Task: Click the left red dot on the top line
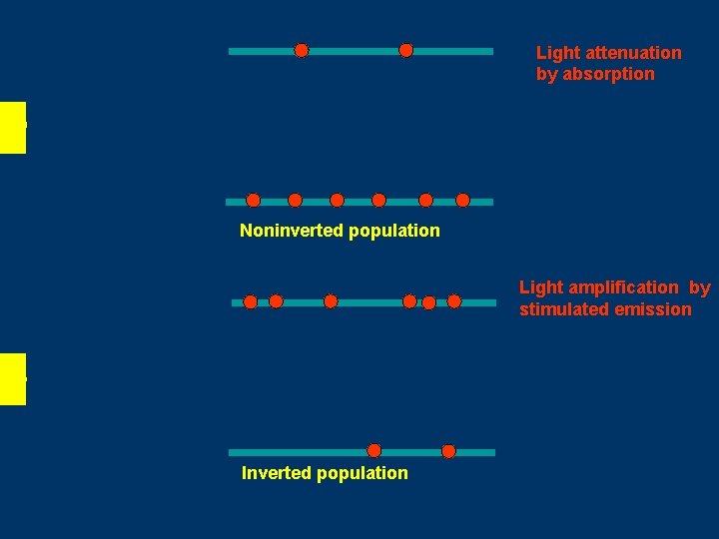click(302, 50)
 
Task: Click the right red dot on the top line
click(405, 50)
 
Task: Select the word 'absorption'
click(608, 74)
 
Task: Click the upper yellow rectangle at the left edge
click(12, 127)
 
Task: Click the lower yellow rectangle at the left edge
click(12, 378)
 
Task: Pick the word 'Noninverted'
click(290, 231)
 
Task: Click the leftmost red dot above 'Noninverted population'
click(254, 200)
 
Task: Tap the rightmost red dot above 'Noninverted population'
click(462, 200)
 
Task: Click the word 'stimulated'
click(560, 309)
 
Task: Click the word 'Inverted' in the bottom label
click(274, 473)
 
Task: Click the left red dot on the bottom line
click(373, 450)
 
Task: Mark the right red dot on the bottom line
click(448, 451)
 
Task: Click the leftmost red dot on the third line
click(251, 301)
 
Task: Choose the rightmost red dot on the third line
click(454, 300)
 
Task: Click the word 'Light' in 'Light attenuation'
click(557, 53)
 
